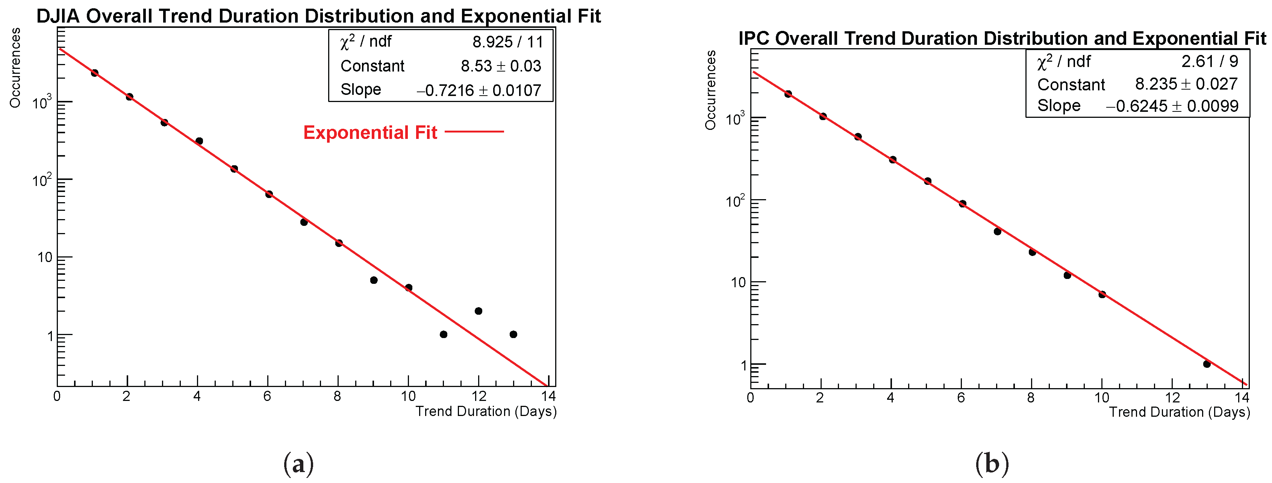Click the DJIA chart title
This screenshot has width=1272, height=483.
[x=318, y=16]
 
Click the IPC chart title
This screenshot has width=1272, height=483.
[x=1002, y=38]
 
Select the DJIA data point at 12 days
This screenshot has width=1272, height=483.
[x=478, y=311]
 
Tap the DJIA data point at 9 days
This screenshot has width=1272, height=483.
[x=374, y=280]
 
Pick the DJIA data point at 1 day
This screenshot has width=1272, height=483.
[x=95, y=73]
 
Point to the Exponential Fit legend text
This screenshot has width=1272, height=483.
[x=370, y=133]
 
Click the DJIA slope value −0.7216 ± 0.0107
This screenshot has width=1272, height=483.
[x=479, y=90]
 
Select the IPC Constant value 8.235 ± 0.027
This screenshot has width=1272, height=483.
[x=1186, y=84]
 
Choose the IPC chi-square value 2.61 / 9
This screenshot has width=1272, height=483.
[x=1210, y=61]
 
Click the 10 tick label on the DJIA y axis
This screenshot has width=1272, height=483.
[x=45, y=257]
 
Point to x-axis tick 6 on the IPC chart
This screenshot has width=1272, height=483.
[x=961, y=398]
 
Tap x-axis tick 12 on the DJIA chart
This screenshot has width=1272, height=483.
[x=479, y=396]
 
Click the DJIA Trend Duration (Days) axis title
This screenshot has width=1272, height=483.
[x=486, y=411]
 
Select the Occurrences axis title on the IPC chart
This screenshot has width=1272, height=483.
[x=710, y=90]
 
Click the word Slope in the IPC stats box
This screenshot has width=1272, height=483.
[x=1058, y=106]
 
